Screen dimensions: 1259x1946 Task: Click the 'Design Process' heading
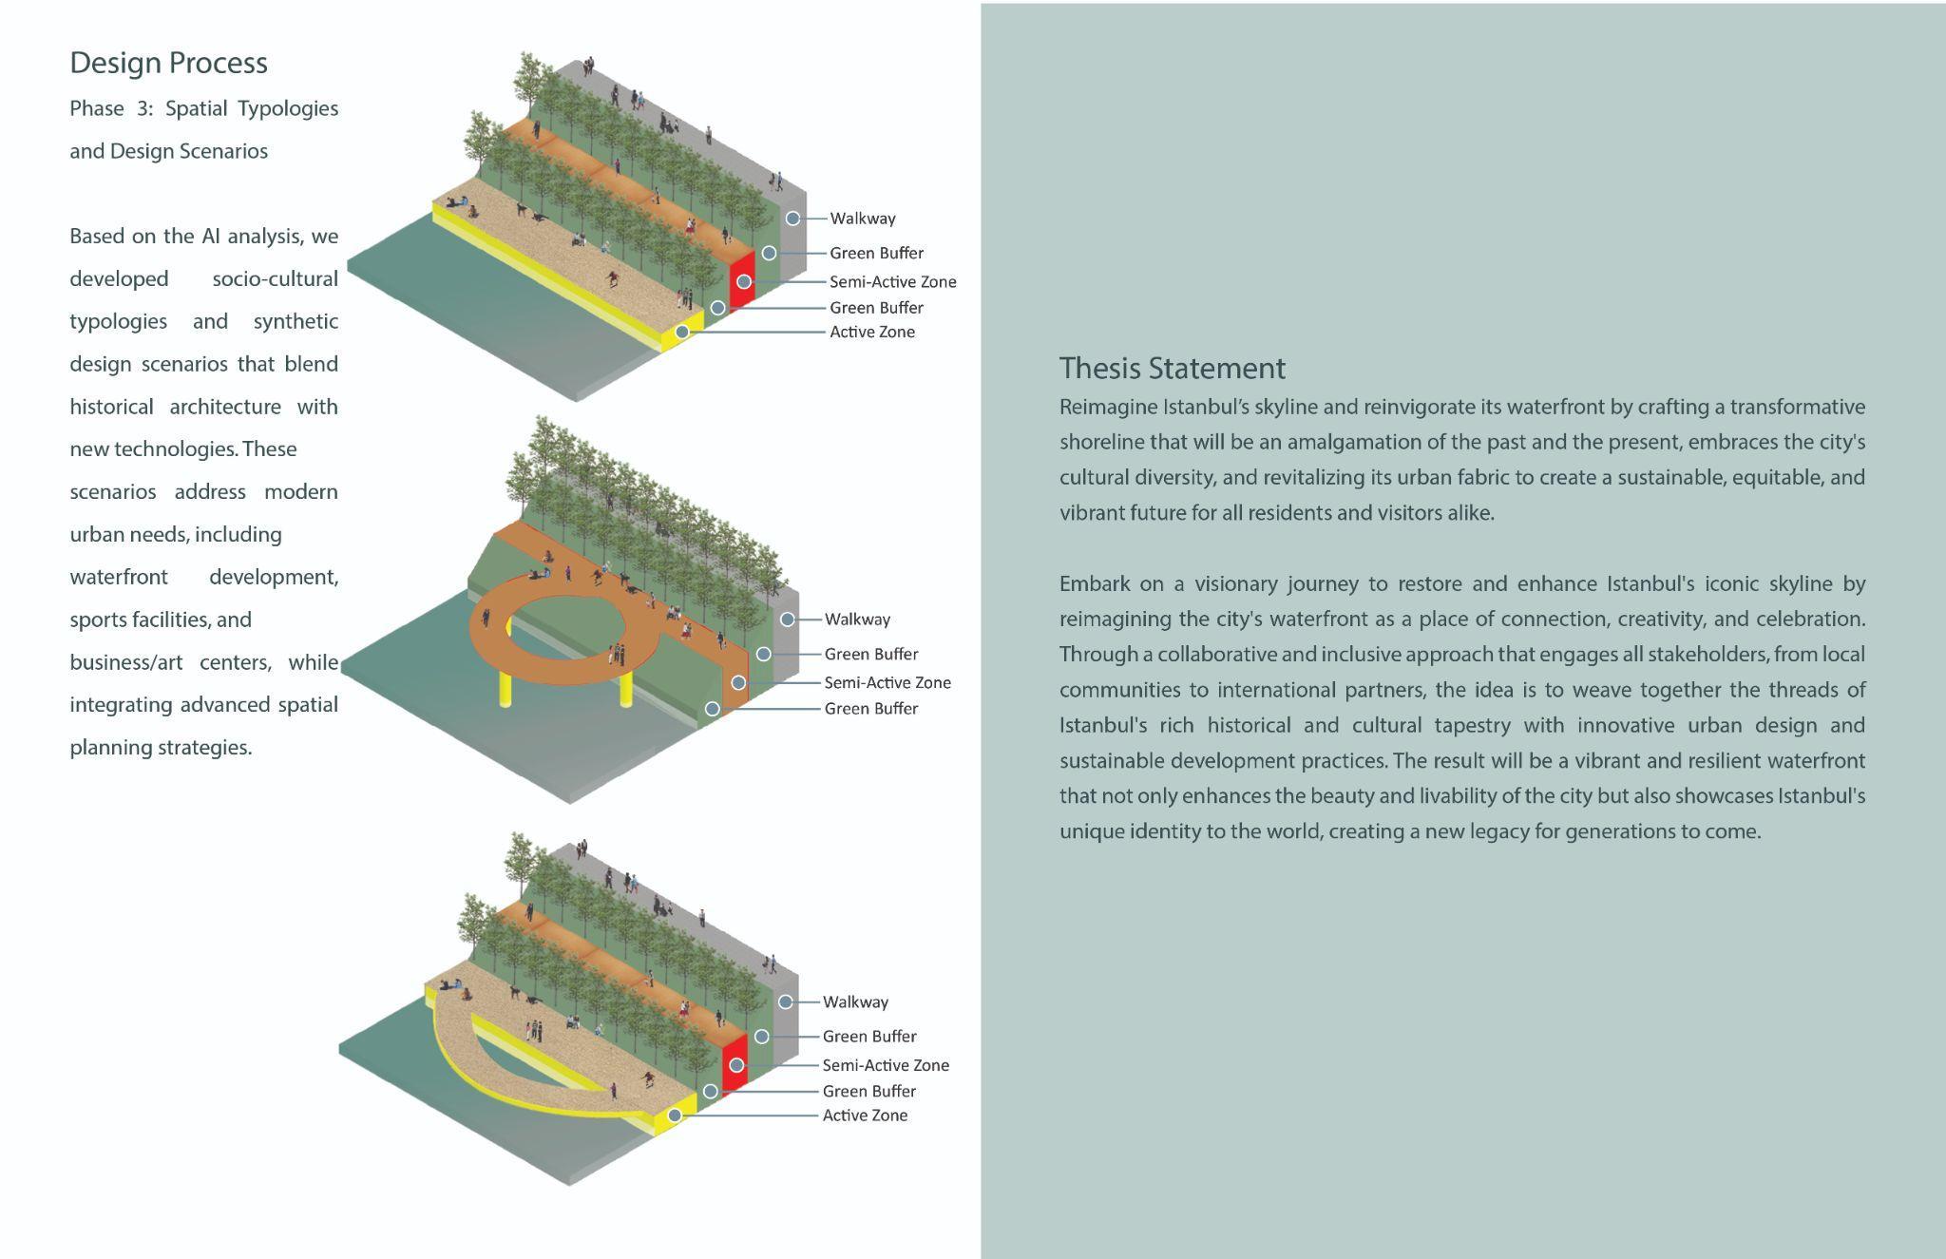[168, 63]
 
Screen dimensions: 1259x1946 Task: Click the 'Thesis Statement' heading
[1172, 368]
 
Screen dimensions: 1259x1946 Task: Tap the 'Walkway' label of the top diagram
[862, 219]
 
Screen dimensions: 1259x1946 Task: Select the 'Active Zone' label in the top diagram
[871, 332]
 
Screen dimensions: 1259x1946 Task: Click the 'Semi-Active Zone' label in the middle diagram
[887, 682]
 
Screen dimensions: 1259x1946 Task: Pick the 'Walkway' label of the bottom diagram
[855, 1001]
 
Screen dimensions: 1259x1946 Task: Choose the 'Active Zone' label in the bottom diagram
[865, 1115]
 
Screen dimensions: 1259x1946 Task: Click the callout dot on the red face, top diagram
[744, 281]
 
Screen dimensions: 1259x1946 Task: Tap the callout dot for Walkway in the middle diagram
[788, 620]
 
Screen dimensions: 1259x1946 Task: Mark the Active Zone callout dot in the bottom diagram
[675, 1115]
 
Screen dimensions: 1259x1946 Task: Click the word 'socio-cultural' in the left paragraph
[275, 278]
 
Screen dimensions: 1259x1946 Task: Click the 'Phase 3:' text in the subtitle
[110, 108]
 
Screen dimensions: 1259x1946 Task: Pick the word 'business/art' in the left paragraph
[125, 662]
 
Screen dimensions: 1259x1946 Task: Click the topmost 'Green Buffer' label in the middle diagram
[870, 654]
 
